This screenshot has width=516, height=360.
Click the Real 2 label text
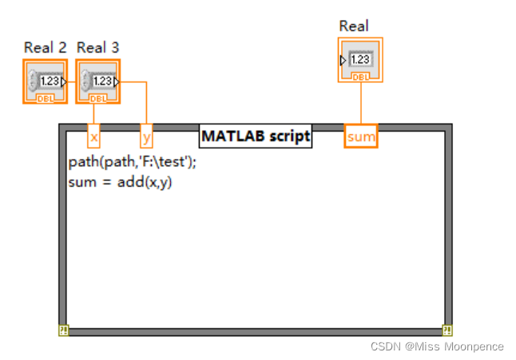point(45,48)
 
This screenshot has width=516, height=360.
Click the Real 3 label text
point(97,48)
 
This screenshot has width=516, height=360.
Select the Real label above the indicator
point(354,26)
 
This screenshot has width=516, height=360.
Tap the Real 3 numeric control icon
point(97,81)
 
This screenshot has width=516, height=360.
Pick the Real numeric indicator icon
point(360,60)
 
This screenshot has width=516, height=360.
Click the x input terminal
point(93,137)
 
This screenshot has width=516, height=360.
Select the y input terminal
point(146,137)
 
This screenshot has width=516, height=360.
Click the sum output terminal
point(361,136)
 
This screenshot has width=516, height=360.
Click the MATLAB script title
point(255,136)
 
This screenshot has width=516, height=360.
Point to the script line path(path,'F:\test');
point(132,161)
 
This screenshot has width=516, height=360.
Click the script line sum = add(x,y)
point(121,181)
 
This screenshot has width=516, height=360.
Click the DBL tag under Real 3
point(97,98)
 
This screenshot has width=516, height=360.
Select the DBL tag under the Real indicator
point(360,77)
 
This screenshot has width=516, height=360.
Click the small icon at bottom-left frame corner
point(63,330)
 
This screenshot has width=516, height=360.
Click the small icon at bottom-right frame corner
point(447,330)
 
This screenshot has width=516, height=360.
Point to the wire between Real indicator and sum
point(361,103)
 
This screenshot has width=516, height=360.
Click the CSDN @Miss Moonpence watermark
point(437,346)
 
